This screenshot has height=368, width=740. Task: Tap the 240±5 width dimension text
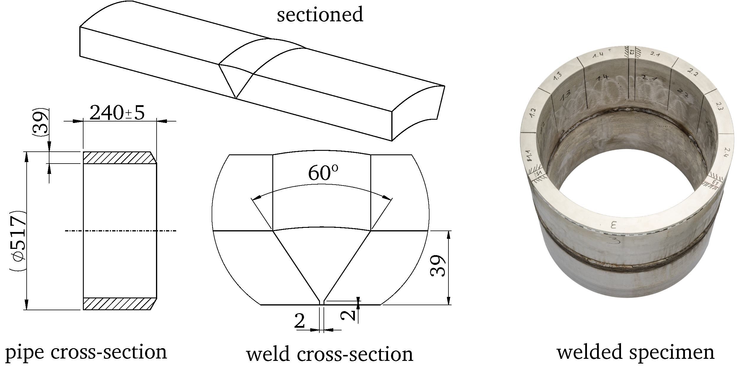pos(117,113)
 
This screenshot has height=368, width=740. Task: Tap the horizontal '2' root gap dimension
pos(300,321)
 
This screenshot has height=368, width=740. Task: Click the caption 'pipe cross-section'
pos(86,352)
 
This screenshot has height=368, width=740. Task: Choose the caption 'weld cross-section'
pos(329,354)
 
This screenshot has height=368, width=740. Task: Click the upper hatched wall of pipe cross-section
pos(118,158)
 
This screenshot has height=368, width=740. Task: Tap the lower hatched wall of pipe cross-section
pos(118,304)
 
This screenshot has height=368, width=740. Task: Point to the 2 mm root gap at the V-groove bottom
pos(322,302)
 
